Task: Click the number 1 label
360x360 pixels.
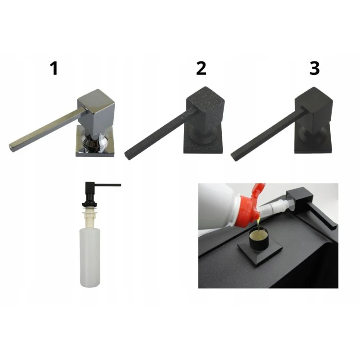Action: pyautogui.click(x=54, y=69)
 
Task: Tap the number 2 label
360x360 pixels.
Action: pyautogui.click(x=201, y=69)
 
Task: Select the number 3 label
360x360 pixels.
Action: pyautogui.click(x=314, y=69)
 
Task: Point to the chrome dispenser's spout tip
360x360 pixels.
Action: pyautogui.click(x=11, y=148)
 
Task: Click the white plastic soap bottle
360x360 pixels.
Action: pyautogui.click(x=90, y=257)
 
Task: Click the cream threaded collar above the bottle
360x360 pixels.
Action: pyautogui.click(x=90, y=217)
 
